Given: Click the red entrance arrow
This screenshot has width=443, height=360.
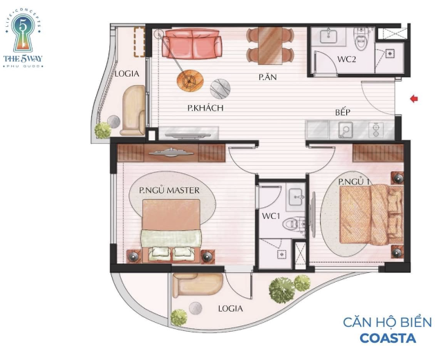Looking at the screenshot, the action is (414, 99).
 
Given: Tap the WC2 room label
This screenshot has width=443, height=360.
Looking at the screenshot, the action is (346, 59).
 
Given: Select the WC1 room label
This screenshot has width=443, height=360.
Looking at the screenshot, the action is (271, 216).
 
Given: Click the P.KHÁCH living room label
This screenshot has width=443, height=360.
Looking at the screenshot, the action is (205, 108).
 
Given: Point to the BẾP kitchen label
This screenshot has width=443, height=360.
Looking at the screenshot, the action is (343, 112).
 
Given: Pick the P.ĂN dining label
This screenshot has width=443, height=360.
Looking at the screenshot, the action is (267, 77).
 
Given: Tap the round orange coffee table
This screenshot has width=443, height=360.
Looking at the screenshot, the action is (190, 81).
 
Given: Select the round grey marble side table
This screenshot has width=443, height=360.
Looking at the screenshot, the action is (220, 88).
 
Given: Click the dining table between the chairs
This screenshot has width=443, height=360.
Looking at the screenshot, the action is (270, 46).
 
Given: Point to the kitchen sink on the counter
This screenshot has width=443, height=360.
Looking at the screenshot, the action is (346, 130).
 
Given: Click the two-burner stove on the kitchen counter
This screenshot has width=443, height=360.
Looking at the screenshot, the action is (376, 130).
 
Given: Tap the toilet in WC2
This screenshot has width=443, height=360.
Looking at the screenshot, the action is (361, 39).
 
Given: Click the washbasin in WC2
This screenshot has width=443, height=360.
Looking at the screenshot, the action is (328, 36).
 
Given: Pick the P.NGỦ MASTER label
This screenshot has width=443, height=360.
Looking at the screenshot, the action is (169, 191).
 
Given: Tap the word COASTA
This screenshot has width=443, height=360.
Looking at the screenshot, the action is (388, 338).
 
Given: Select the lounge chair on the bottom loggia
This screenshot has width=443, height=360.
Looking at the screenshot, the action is (198, 285).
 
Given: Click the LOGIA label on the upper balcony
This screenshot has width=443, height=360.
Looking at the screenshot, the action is (127, 74).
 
